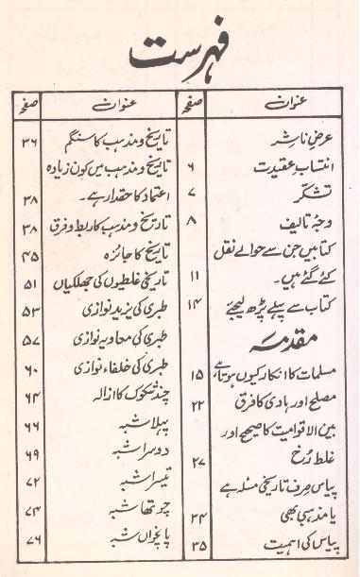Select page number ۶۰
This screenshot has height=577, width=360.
point(29,368)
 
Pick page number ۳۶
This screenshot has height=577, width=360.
point(30,143)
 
